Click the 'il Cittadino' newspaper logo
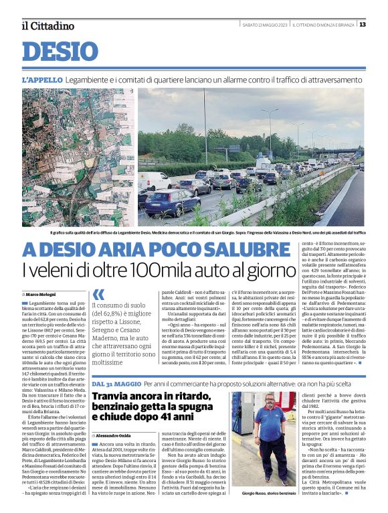[x=47, y=25]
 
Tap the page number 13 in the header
[x=362, y=25]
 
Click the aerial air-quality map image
[x=77, y=157]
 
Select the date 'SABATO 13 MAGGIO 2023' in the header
[x=265, y=25]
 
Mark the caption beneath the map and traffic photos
[x=207, y=232]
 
